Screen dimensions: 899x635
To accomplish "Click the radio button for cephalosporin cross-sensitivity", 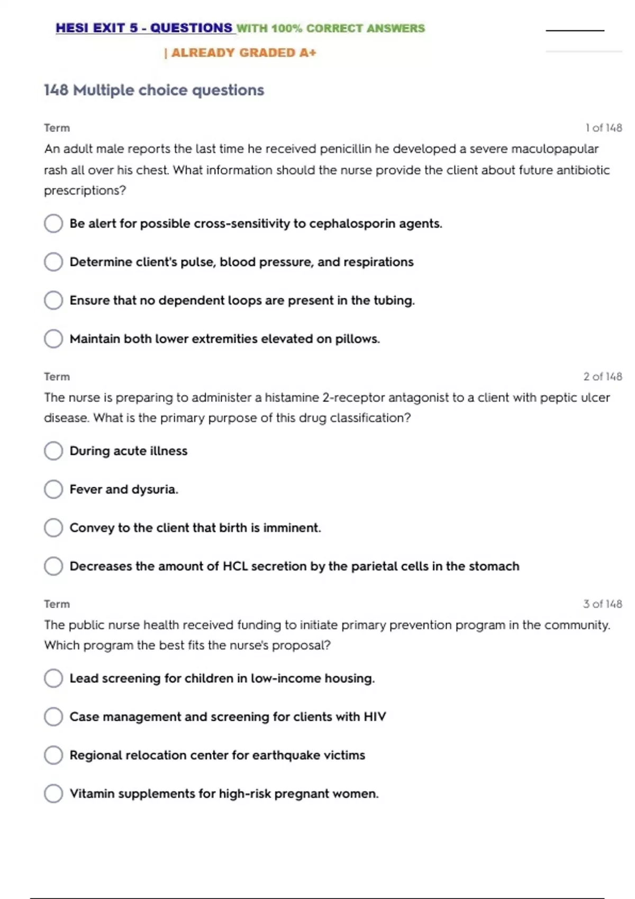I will point(53,223).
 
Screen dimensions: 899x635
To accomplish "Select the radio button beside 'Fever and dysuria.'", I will point(53,489).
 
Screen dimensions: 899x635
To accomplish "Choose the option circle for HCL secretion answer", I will point(53,566).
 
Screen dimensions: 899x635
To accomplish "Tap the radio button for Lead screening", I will point(53,678).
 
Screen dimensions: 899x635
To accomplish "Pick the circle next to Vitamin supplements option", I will point(53,793).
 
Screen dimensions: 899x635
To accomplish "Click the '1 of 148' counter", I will point(603,128).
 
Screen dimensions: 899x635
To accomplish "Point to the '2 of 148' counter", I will point(602,377).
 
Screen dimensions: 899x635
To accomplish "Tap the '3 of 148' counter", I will point(602,604).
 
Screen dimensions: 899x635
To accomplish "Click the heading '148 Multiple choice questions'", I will point(153,90).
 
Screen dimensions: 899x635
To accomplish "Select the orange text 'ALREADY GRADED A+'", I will point(243,53).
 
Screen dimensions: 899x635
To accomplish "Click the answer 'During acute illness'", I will point(129,451).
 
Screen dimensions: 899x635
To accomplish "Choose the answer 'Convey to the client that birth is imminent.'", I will point(195,528).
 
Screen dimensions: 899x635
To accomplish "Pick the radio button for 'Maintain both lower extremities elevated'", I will point(53,338).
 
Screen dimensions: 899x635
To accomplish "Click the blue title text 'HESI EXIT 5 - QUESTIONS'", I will point(144,28).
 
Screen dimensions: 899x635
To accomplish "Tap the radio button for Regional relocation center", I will point(53,755).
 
